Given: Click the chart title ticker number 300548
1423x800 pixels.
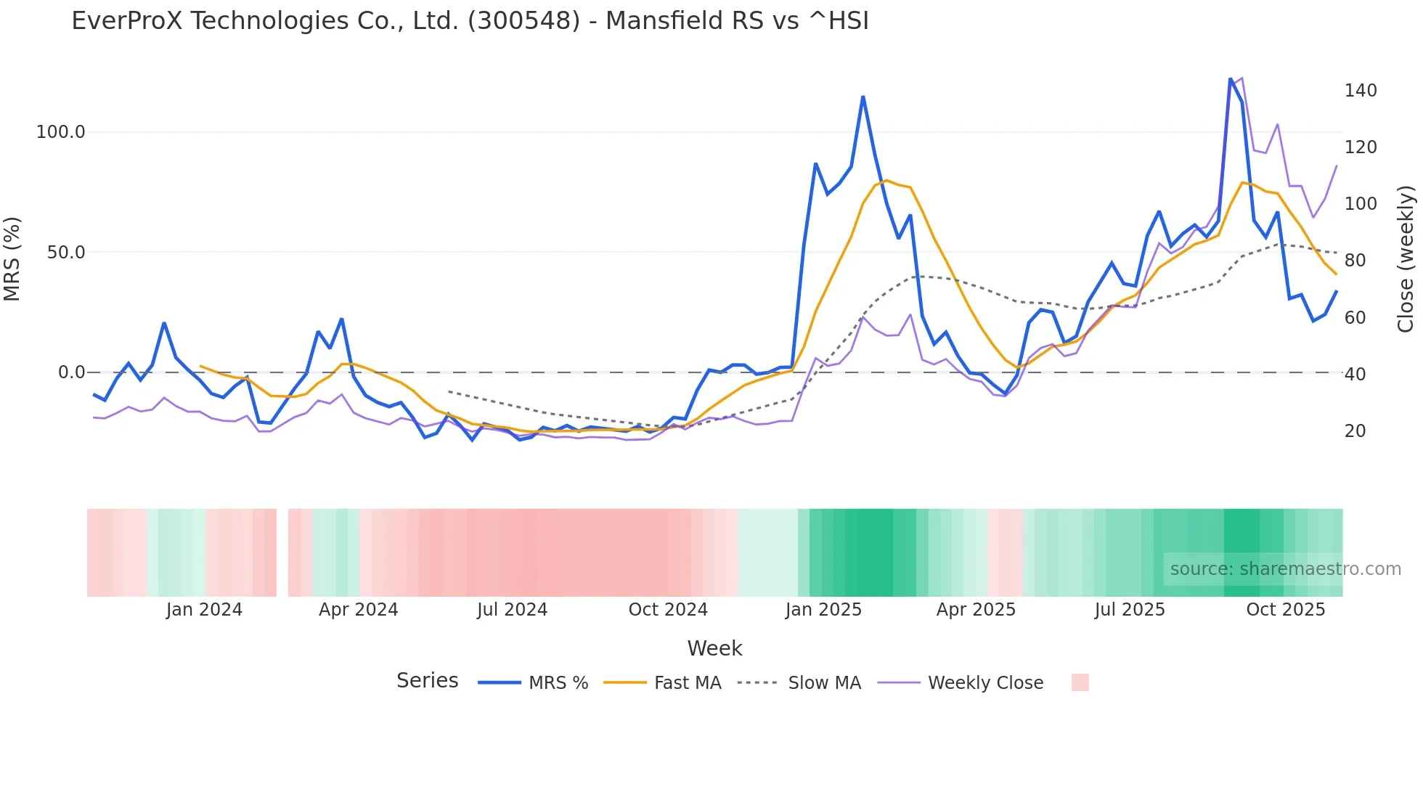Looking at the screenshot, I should click(523, 21).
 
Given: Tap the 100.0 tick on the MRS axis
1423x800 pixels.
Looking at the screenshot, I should click(61, 132).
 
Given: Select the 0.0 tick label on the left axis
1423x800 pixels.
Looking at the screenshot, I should click(71, 372).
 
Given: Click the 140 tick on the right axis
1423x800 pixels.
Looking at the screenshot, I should click(1361, 91).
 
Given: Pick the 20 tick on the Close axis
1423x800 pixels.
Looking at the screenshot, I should click(1355, 431).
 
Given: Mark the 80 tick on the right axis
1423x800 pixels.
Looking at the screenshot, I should click(1355, 261).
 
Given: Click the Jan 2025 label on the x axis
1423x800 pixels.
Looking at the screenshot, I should click(823, 610).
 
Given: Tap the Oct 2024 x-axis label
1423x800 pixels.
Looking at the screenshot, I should click(668, 610).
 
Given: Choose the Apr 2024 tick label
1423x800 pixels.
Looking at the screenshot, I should click(359, 610).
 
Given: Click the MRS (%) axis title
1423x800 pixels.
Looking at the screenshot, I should click(12, 258).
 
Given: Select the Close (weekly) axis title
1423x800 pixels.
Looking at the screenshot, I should click(1406, 259).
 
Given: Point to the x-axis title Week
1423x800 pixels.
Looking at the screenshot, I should click(714, 648).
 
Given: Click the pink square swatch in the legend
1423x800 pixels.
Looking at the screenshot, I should click(1080, 682).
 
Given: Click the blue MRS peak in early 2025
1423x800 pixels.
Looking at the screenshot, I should click(863, 97).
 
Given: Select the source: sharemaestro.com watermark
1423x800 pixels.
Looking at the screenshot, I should click(1285, 569).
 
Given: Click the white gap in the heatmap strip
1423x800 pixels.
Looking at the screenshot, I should click(282, 552).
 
